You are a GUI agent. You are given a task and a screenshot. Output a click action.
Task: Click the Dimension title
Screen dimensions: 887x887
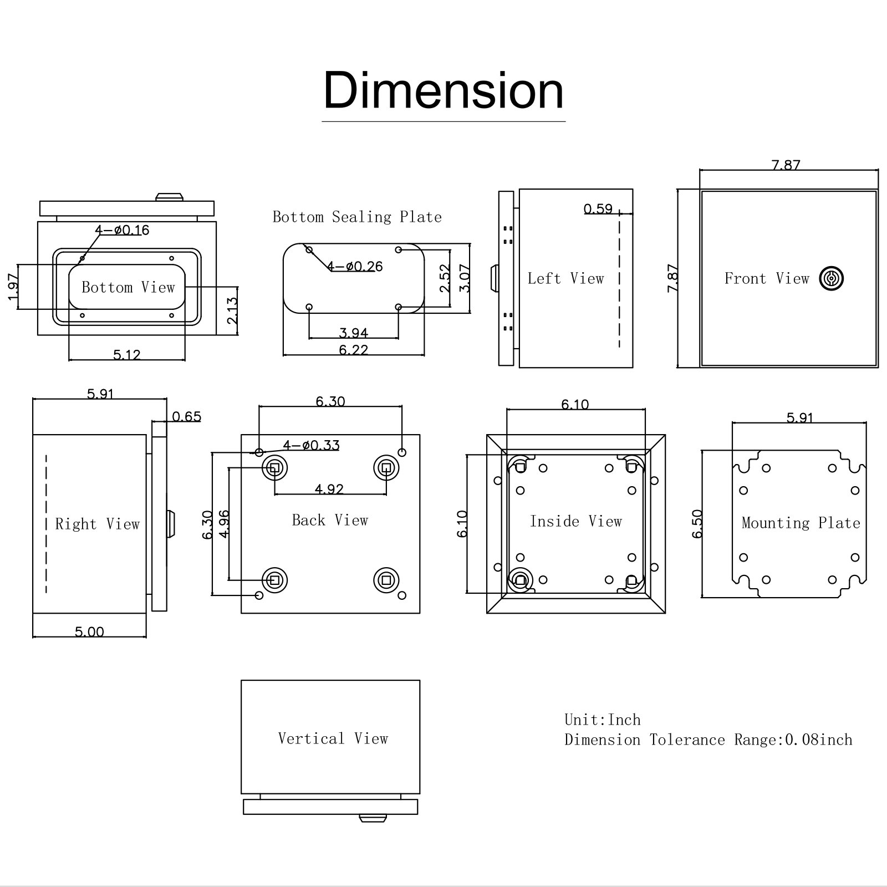coord(443,90)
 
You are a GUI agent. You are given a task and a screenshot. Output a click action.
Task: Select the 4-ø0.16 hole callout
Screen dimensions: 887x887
coord(122,230)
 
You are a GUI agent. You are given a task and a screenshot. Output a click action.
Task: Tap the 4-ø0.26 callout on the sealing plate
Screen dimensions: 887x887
coord(355,267)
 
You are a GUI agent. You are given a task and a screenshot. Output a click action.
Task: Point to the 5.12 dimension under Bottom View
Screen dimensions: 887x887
coord(127,355)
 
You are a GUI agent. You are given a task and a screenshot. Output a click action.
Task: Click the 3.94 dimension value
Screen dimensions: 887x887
coord(354,333)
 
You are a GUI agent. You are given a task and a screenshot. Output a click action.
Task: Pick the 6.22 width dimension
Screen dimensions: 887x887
coord(354,350)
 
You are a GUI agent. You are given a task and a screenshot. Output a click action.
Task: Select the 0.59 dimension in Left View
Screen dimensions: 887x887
coord(598,209)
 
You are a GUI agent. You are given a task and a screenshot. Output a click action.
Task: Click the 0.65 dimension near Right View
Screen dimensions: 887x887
coord(186,417)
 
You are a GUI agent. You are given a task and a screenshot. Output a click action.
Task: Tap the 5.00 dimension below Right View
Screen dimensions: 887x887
coord(89,631)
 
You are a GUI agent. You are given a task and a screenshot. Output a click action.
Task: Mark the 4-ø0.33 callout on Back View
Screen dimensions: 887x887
coord(311,445)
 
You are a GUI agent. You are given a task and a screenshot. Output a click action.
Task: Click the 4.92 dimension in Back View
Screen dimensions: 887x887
coord(329,489)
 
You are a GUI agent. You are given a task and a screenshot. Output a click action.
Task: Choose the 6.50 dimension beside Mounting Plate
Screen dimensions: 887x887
coord(697,523)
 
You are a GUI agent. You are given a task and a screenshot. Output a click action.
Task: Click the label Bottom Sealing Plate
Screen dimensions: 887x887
coord(357,217)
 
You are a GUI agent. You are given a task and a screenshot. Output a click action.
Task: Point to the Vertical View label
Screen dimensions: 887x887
coord(333,738)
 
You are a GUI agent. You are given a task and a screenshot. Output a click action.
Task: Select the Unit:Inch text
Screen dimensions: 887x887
coord(602,720)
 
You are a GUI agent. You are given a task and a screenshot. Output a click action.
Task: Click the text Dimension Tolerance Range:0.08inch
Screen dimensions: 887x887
coord(708,740)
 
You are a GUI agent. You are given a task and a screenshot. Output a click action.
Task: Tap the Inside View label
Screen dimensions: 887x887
coord(575,521)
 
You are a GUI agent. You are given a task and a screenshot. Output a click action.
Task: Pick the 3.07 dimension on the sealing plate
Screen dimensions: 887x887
coord(465,278)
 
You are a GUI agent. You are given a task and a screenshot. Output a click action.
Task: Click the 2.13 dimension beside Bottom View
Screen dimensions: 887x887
coord(232,310)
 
